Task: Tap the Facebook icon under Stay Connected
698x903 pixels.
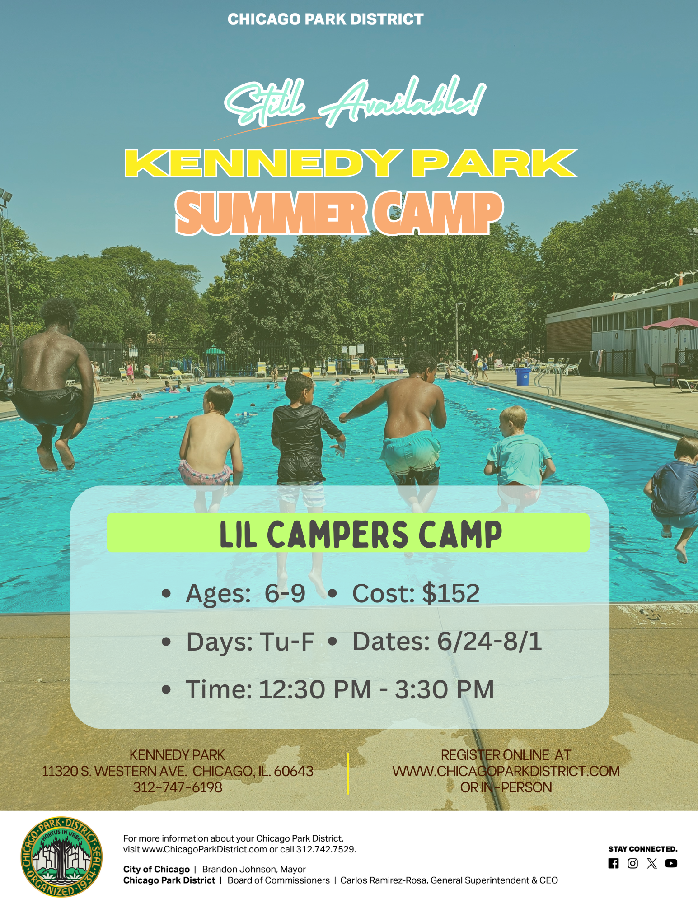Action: (x=614, y=863)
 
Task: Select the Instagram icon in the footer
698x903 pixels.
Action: (x=632, y=863)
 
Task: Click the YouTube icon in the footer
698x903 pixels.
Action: (x=671, y=863)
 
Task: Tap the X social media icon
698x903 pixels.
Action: (x=652, y=863)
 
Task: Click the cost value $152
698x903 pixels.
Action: (x=451, y=593)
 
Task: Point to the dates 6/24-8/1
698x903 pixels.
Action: (x=489, y=641)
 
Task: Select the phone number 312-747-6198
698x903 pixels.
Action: (x=178, y=787)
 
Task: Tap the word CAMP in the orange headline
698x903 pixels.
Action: (x=438, y=213)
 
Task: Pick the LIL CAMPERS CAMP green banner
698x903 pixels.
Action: (x=348, y=533)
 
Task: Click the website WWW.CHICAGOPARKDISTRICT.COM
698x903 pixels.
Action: (x=506, y=771)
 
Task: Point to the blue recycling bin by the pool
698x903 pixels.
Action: (x=523, y=377)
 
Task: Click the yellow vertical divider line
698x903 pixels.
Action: (x=348, y=773)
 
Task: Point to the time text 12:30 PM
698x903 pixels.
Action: (x=315, y=689)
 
